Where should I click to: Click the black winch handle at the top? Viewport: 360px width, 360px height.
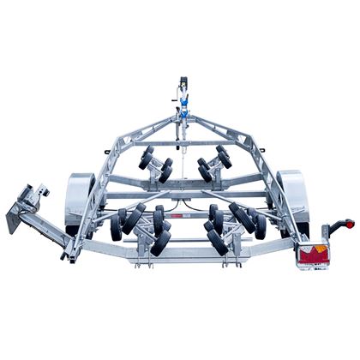point(181,85)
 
